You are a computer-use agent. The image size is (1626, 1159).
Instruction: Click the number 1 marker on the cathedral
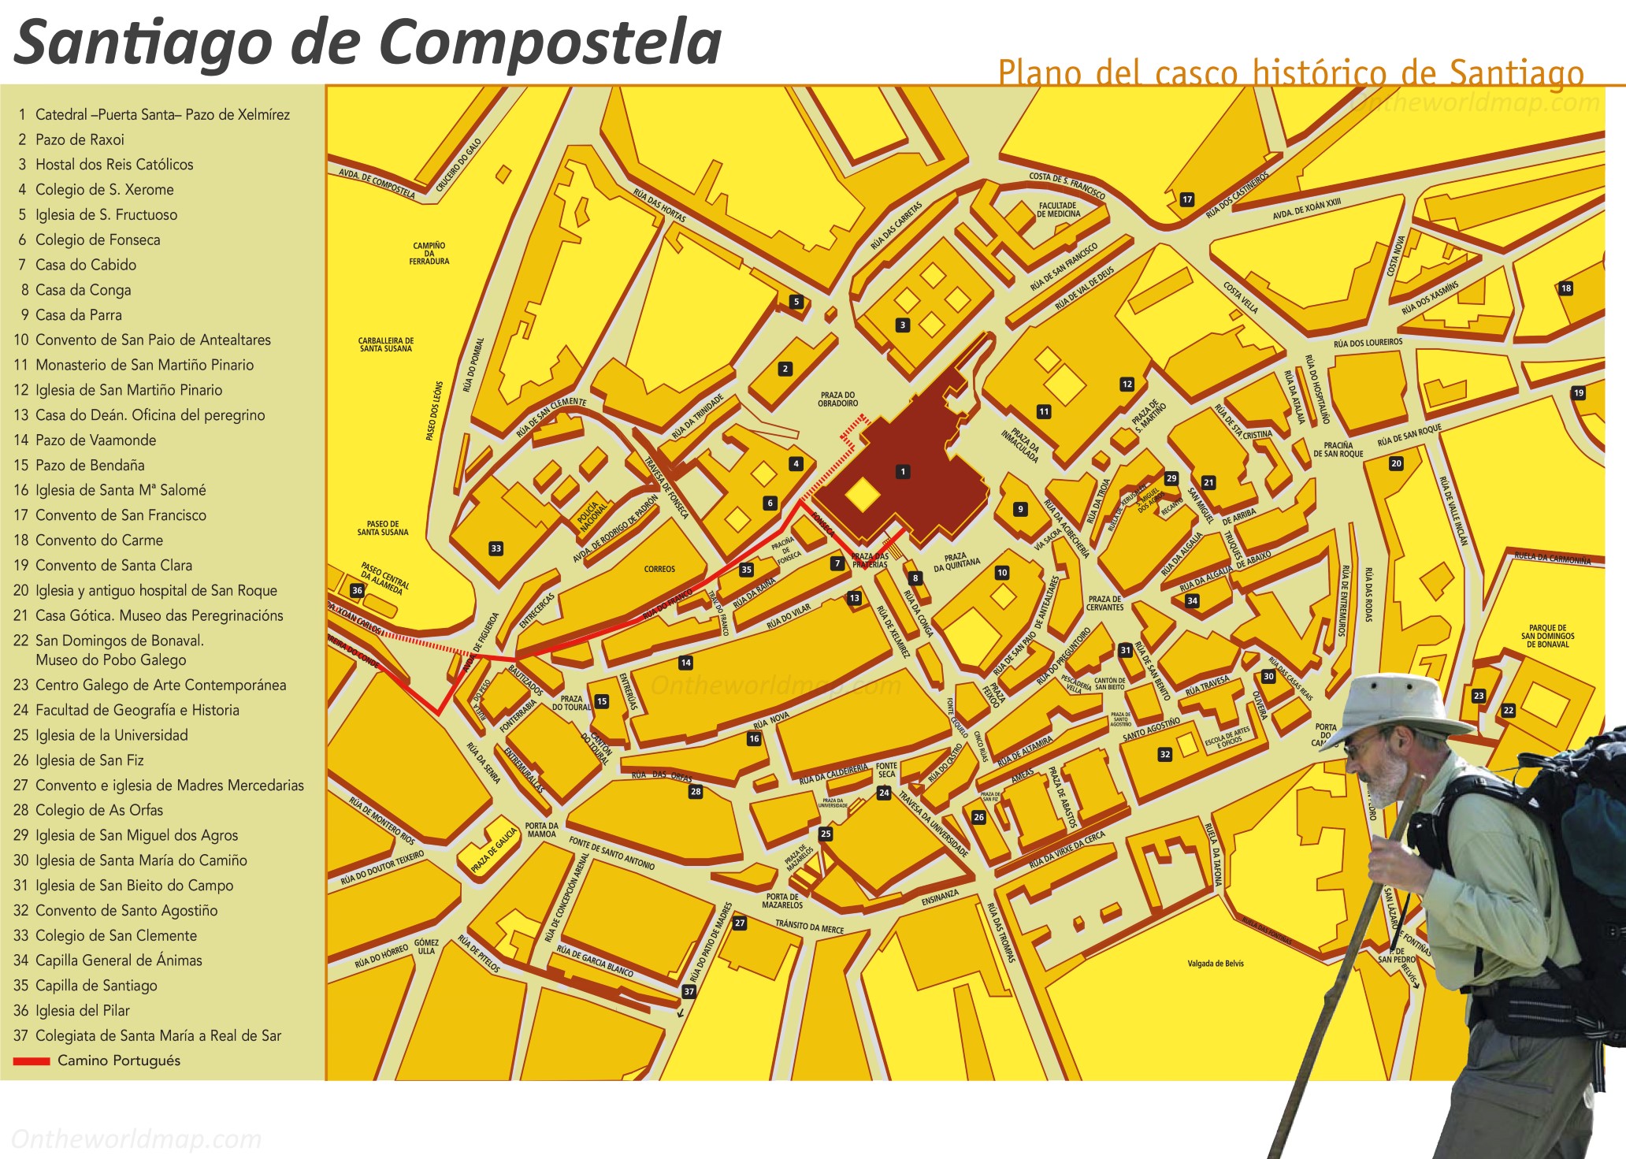[x=903, y=472]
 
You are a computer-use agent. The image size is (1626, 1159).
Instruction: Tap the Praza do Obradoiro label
[x=837, y=399]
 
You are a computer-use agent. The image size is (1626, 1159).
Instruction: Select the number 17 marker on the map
[x=1187, y=199]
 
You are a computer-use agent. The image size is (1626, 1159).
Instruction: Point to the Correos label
[x=659, y=569]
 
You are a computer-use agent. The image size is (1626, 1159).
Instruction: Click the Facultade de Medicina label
[x=1058, y=210]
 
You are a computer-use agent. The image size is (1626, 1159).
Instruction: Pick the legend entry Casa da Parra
[x=79, y=315]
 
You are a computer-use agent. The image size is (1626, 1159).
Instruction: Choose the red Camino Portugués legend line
[x=32, y=1061]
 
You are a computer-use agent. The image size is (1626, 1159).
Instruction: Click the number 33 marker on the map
[x=496, y=548]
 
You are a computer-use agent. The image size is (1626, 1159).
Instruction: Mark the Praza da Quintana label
[x=956, y=562]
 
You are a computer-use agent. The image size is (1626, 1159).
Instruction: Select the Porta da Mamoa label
[x=542, y=830]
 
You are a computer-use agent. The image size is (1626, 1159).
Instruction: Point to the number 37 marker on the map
[x=689, y=991]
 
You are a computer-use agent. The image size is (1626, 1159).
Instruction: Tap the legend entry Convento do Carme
[x=99, y=540]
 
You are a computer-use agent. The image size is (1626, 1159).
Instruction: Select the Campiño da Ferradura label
[x=429, y=253]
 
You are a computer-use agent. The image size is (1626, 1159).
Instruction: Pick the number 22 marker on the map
[x=1508, y=710]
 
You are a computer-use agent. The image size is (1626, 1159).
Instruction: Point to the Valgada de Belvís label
[x=1216, y=964]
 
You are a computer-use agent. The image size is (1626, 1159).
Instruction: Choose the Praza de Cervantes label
[x=1104, y=603]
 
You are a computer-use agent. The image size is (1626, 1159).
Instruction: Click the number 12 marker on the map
[x=1127, y=384]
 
